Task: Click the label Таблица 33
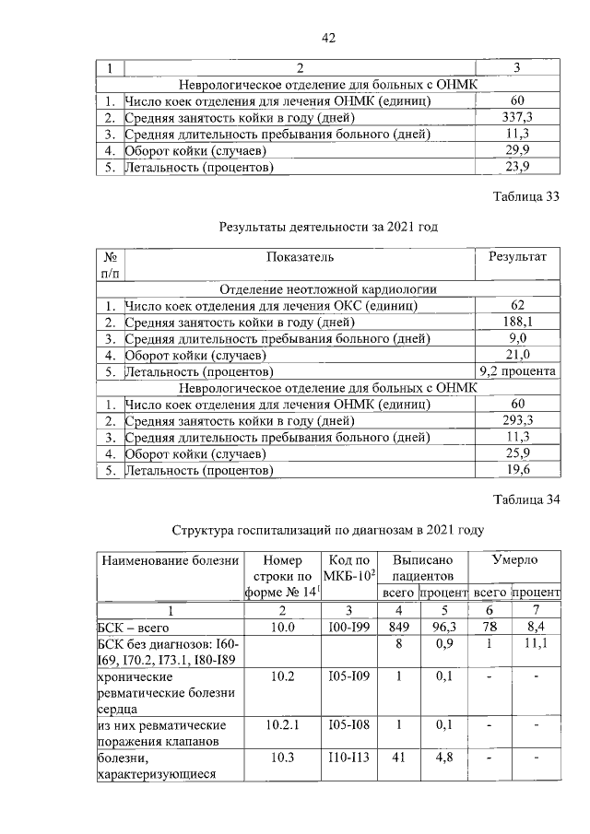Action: (x=526, y=196)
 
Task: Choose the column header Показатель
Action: (x=301, y=257)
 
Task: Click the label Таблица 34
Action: (x=526, y=500)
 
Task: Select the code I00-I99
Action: (x=348, y=628)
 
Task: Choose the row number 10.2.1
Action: (x=282, y=725)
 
